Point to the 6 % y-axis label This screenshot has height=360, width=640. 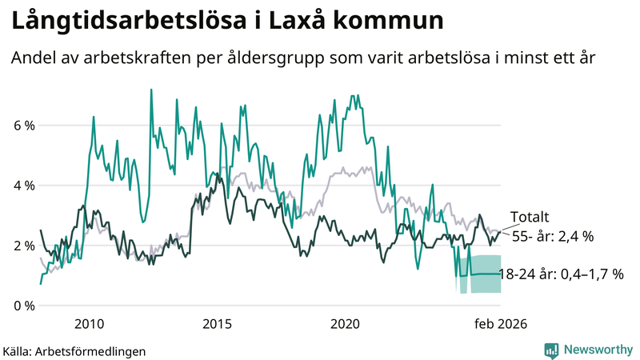23,126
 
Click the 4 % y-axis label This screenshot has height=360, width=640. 23,186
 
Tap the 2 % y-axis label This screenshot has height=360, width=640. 23,246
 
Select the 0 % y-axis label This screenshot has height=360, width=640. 23,306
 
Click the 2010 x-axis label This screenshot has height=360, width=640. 89,324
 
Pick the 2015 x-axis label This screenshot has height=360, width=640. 217,324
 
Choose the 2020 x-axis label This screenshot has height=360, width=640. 345,324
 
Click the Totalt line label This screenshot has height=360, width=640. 529,218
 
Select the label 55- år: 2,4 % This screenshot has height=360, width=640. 552,236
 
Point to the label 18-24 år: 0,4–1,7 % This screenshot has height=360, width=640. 560,274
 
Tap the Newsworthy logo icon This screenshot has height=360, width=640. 551,349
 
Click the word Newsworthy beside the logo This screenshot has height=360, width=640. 597,349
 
